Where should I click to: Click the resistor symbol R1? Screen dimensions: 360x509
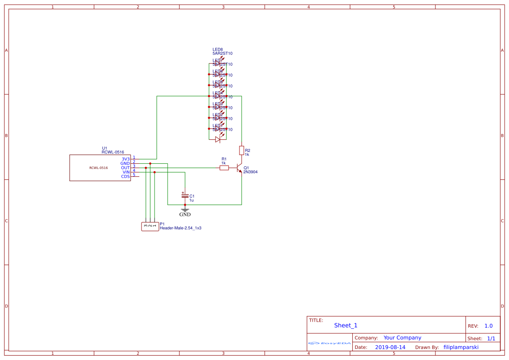[x=224, y=168]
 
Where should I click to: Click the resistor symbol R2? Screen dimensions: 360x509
[x=242, y=151]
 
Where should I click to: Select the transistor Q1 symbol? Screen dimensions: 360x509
[x=239, y=168]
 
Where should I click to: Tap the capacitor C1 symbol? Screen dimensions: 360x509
[x=185, y=196]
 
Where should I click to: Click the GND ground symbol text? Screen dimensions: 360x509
[x=185, y=214]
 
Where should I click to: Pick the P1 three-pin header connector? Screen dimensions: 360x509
[x=150, y=226]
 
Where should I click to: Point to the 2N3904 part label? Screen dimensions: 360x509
[x=251, y=172]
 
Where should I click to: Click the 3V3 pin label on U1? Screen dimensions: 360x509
[x=125, y=159]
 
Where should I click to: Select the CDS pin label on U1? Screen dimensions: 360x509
[x=125, y=176]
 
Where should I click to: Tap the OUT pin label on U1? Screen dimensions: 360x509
[x=125, y=168]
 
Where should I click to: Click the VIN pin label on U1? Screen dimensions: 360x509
[x=126, y=172]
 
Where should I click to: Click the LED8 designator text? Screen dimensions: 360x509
[x=218, y=50]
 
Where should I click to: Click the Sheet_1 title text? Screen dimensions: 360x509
[x=346, y=325]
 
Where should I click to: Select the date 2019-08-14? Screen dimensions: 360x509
[x=390, y=347]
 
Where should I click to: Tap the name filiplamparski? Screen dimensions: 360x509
[x=461, y=347]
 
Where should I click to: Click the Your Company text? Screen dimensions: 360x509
[x=402, y=338]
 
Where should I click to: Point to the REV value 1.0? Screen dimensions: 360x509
[x=489, y=326]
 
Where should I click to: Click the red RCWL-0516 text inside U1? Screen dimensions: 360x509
[x=98, y=168]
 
